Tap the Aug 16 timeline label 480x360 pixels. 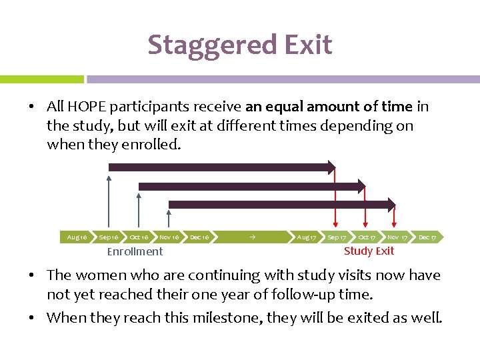(x=77, y=237)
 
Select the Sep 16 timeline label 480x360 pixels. (x=109, y=237)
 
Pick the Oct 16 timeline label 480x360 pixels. (x=139, y=237)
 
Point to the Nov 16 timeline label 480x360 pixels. (x=169, y=237)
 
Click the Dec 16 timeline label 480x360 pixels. (x=199, y=237)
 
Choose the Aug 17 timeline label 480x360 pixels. (x=307, y=237)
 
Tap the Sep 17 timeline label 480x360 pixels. (x=337, y=237)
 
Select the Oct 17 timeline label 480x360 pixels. (x=367, y=237)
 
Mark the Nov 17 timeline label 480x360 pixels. (x=397, y=237)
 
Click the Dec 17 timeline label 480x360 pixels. (x=427, y=237)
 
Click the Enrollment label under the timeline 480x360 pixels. (x=135, y=251)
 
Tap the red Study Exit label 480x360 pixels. (x=369, y=251)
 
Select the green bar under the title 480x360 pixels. (x=41, y=79)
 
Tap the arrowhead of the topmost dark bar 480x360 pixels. (x=331, y=167)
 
